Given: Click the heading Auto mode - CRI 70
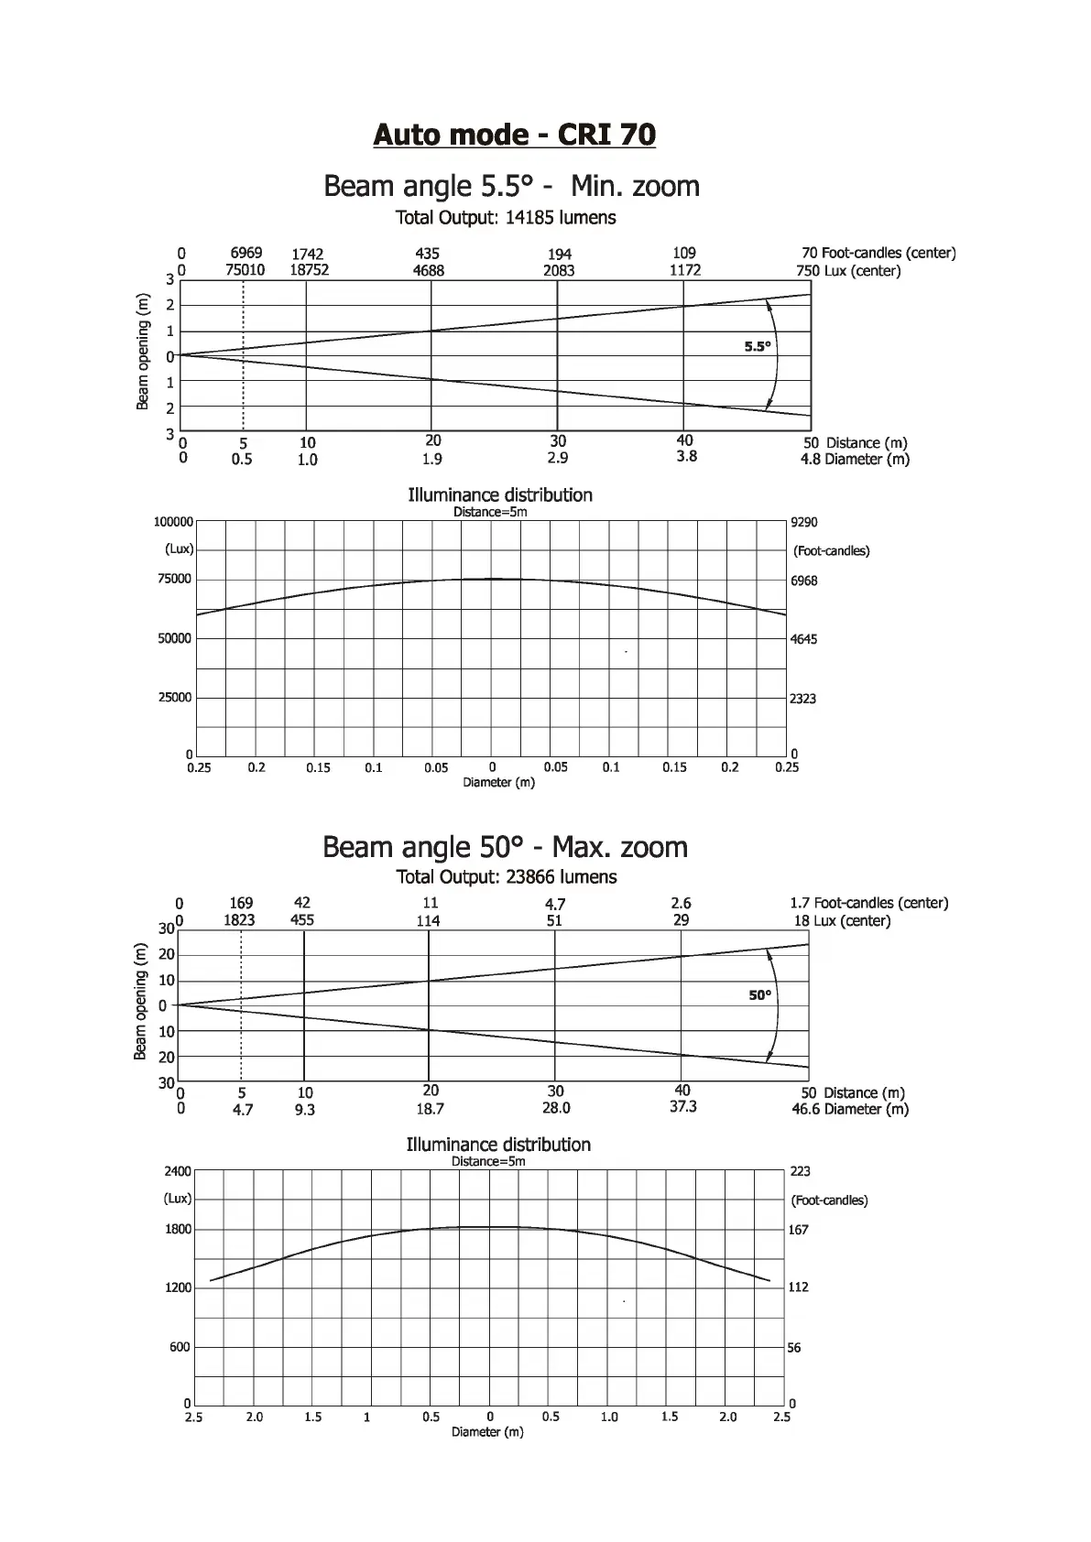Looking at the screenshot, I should pos(514,136).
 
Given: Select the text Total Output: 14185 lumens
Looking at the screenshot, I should pos(506,218).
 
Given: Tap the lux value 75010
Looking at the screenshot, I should pos(245,270).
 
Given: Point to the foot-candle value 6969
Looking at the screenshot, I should pos(245,253).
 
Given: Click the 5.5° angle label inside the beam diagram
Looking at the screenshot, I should pos(758,347).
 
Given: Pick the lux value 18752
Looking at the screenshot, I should pos(309,270).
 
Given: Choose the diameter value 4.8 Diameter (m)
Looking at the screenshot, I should pos(855,460).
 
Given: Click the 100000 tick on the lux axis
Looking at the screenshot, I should pos(173,522).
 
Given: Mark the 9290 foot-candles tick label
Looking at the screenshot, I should pos(803,523).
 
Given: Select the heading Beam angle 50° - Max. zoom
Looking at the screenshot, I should pos(505,847).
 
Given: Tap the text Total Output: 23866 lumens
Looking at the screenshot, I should pos(507,877).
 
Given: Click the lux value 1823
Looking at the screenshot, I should pos(239,920).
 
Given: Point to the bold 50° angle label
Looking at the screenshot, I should pos(760,995).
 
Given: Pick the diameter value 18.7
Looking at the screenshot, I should pos(430,1109).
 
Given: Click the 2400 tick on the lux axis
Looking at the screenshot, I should pos(178,1171).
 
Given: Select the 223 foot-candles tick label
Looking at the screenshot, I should pos(799,1171).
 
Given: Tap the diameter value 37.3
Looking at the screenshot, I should pos(683,1107).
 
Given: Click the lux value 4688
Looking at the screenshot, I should pos(428,271).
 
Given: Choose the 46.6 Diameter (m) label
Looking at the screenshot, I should pos(850,1110).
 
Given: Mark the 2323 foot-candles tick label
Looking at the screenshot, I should pos(803,699).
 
